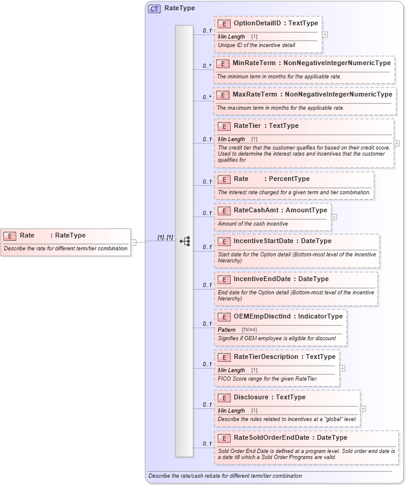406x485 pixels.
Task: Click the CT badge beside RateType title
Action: point(154,9)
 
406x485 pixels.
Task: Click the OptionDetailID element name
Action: point(258,23)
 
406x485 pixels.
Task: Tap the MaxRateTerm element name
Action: point(255,94)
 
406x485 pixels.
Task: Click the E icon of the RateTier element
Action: point(224,126)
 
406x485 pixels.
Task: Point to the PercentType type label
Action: point(289,179)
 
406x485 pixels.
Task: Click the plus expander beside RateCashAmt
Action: point(334,217)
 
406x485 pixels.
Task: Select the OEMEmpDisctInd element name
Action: point(263,316)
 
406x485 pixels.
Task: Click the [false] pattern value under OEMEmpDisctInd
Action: point(249,330)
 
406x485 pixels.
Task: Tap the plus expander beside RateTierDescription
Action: point(342,367)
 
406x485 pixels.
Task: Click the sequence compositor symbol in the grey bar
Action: point(185,241)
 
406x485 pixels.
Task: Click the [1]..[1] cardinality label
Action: point(165,238)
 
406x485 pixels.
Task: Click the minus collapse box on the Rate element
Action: point(134,242)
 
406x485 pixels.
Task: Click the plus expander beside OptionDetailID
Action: point(325,34)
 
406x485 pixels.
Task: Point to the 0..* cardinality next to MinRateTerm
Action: point(207,66)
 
